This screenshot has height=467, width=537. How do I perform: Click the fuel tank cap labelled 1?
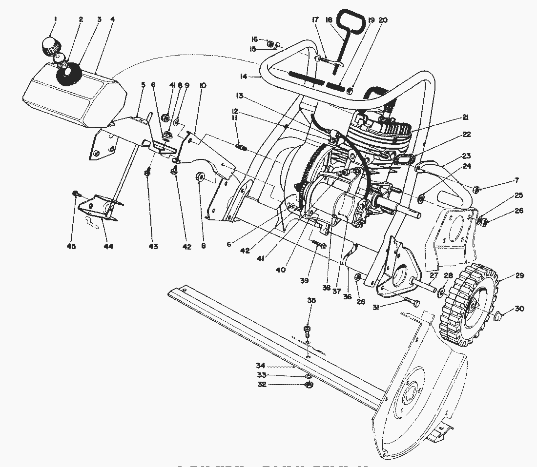click(x=50, y=46)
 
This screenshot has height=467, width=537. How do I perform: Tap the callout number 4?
click(x=113, y=19)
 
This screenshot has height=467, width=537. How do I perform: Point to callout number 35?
click(x=311, y=301)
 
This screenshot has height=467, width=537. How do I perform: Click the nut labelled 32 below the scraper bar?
click(x=309, y=385)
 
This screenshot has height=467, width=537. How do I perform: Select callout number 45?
click(x=72, y=247)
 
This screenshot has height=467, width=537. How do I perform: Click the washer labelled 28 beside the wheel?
click(x=441, y=292)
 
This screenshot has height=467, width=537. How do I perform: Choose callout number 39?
click(x=305, y=281)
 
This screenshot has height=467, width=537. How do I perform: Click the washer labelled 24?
click(x=421, y=199)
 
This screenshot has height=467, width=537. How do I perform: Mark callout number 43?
click(x=153, y=247)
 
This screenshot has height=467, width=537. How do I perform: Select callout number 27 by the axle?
click(x=434, y=276)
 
